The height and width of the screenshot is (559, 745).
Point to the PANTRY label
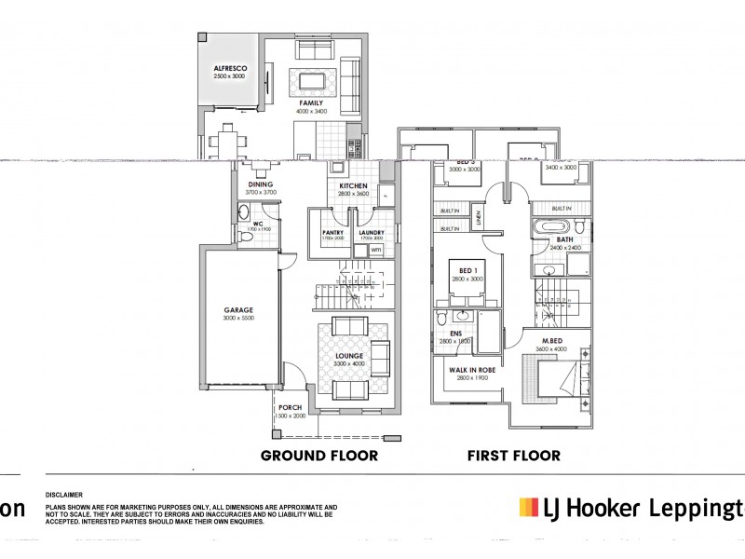pos(332,232)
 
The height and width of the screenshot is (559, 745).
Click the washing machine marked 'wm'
pos(375,250)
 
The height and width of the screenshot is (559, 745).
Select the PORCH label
pos(291,407)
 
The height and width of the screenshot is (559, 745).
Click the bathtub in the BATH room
pos(550,226)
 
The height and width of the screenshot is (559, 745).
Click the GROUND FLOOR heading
pos(318,456)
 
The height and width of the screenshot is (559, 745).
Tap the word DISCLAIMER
pos(64,496)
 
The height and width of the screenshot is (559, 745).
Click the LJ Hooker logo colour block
pos(528,508)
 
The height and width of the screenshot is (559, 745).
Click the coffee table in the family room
pos(308,77)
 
